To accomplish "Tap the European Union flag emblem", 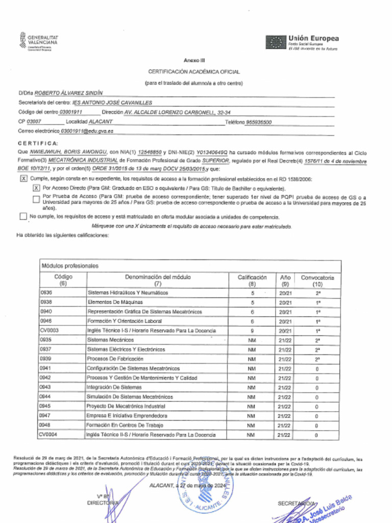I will (276, 42).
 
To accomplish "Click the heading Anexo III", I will (194, 60).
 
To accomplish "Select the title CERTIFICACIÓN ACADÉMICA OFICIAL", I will (194, 72).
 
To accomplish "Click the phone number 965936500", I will (259, 122).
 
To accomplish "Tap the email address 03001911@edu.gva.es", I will (87, 131).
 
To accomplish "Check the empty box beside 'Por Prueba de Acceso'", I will (36, 199).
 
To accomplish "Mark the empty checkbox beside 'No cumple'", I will (23, 217).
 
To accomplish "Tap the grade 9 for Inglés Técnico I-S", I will (252, 331).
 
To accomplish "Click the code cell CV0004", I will (49, 435).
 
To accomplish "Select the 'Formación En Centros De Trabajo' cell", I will (125, 425).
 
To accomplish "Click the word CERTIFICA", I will (38, 143).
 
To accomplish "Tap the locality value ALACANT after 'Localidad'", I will (101, 122).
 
